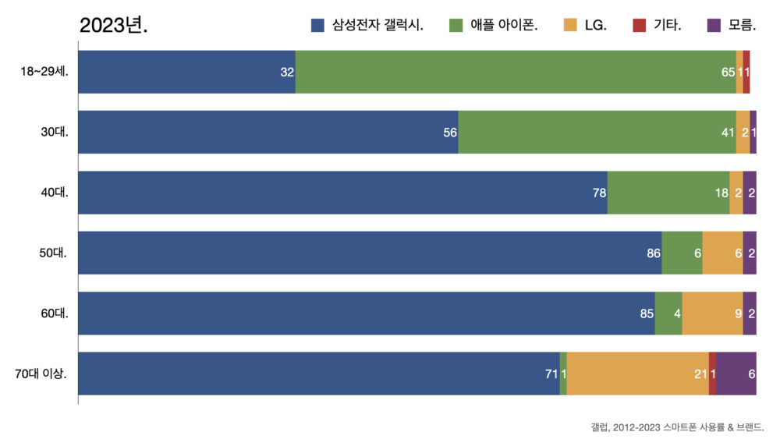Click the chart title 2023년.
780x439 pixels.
(113, 25)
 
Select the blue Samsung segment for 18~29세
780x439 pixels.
(186, 72)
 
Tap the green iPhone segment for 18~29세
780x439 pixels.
(515, 72)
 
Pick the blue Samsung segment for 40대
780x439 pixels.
(342, 193)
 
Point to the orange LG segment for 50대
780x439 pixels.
(722, 253)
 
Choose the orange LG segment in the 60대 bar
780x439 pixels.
(712, 313)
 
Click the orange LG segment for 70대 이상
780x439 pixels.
(637, 374)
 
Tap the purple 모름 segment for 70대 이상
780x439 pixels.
(736, 374)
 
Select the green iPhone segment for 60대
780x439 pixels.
(668, 313)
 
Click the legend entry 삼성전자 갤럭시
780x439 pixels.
(367, 25)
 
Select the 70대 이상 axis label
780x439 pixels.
(41, 374)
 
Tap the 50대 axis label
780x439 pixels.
(55, 253)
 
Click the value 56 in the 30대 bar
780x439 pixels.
(450, 133)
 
